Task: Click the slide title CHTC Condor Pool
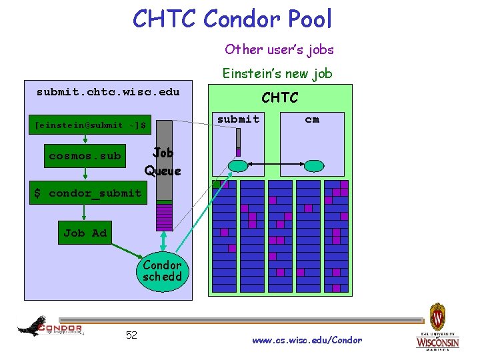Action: (232, 19)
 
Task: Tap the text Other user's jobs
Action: (279, 49)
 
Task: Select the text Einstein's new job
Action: (277, 73)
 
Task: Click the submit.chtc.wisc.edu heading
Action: (108, 92)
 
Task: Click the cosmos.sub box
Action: (85, 156)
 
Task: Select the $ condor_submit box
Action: (88, 193)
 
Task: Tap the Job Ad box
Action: (85, 233)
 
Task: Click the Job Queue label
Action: (163, 161)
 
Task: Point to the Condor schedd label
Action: (162, 271)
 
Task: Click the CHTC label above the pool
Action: (279, 98)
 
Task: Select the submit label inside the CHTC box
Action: (238, 119)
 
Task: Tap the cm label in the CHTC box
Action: (312, 119)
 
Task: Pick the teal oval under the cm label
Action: (315, 165)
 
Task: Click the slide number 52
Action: (131, 335)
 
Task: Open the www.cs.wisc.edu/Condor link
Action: (307, 340)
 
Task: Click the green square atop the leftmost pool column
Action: (216, 184)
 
